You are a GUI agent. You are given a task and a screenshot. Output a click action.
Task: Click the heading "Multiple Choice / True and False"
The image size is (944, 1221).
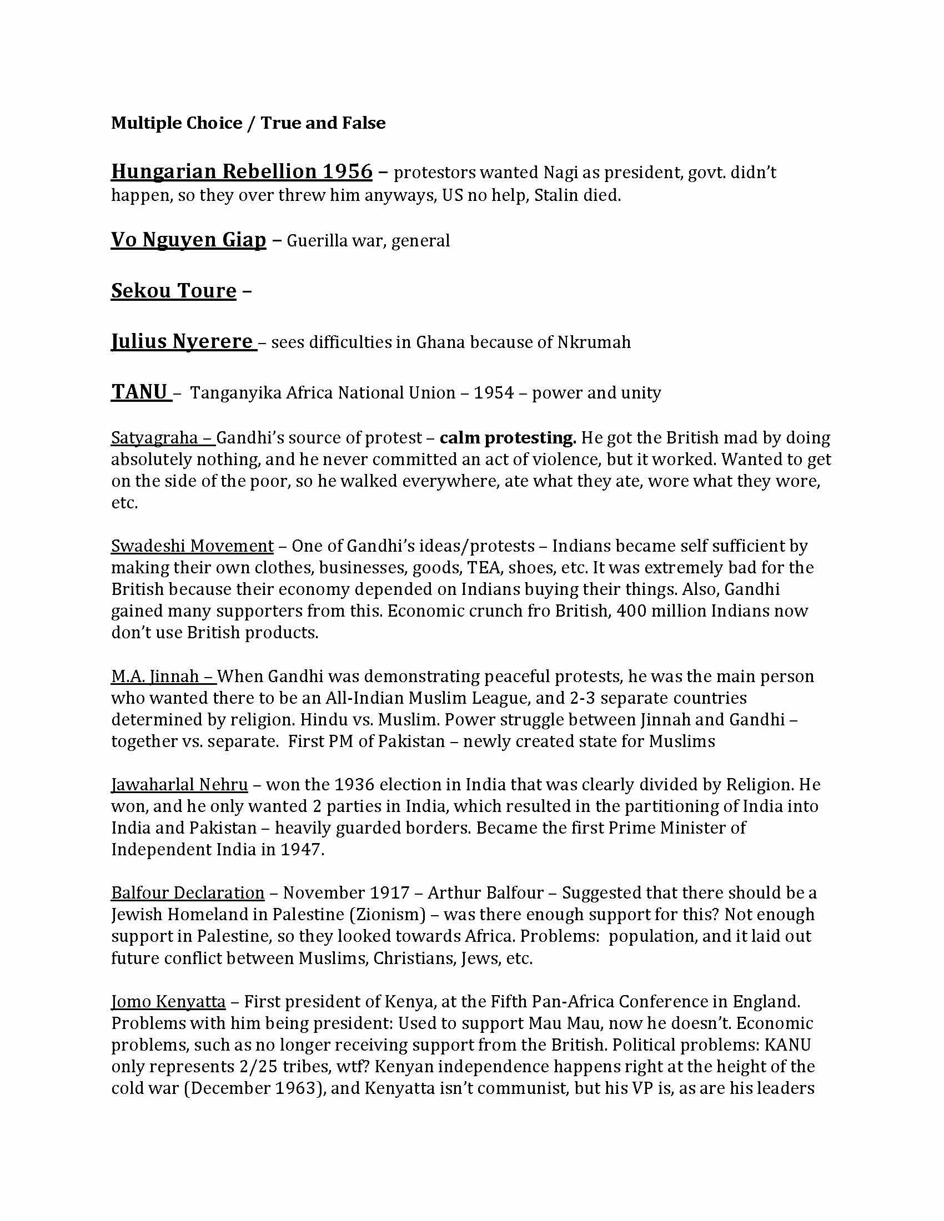tap(248, 123)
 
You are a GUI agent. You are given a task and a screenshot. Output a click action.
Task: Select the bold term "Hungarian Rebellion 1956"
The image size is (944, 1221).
tap(242, 171)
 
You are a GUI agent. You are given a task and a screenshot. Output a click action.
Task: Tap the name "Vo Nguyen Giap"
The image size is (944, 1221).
tap(188, 240)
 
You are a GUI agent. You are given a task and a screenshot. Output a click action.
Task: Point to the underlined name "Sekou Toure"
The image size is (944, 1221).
tap(173, 291)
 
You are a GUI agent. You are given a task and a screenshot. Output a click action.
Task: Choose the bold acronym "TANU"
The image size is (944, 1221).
tap(139, 392)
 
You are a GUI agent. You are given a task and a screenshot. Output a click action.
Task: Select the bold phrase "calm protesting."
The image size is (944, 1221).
tap(507, 438)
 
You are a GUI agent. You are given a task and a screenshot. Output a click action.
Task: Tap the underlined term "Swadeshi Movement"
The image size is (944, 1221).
tap(192, 546)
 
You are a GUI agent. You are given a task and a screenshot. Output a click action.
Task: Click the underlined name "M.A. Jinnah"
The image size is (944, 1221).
tap(155, 677)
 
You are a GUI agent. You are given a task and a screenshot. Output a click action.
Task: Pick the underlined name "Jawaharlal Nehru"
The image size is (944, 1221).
tap(179, 785)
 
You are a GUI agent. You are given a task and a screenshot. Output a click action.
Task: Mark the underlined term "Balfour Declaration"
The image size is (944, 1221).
tap(187, 893)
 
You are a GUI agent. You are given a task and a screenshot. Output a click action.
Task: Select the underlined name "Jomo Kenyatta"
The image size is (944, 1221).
tap(168, 1001)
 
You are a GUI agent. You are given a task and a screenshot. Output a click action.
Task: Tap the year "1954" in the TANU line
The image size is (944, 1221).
tap(493, 393)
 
